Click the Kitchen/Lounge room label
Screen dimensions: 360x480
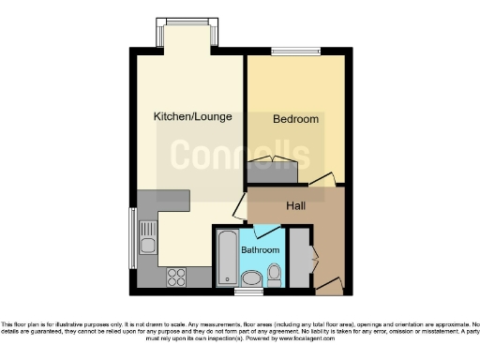point(193,117)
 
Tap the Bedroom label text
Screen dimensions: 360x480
point(295,120)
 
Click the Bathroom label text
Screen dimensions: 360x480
point(260,250)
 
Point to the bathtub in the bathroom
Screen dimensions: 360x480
point(227,258)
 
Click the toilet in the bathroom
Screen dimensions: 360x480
point(274,274)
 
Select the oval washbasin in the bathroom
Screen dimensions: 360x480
point(250,277)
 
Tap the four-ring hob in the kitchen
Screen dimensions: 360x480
point(174,276)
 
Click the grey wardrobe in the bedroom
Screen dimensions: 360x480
point(273,172)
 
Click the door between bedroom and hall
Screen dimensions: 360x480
point(322,180)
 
